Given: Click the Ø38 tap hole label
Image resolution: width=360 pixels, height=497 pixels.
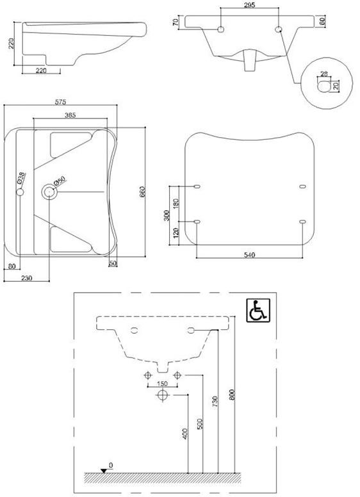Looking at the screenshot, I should (21, 177).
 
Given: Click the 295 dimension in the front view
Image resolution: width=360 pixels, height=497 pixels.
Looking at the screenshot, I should (250, 5).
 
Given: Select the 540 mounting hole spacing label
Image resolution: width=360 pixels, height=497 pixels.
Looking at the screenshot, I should (250, 255).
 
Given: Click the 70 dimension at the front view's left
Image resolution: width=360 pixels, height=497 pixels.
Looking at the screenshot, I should (175, 23).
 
